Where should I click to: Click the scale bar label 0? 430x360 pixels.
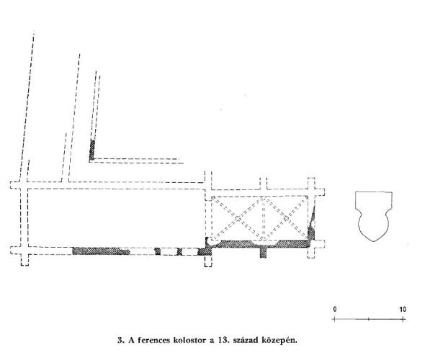tap(335, 310)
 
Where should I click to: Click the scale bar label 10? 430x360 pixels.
tap(403, 310)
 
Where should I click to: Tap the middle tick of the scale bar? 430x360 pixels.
tap(369, 319)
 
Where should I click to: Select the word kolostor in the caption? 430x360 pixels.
tap(189, 341)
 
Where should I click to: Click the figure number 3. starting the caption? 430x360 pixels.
tap(121, 341)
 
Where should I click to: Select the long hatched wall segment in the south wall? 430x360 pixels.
tap(101, 251)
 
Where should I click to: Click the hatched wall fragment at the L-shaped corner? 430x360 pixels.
tap(92, 150)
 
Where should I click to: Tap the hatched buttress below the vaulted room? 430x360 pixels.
tap(263, 253)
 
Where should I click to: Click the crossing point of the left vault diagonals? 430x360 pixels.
tap(237, 219)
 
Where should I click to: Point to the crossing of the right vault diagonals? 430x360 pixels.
tap(286, 219)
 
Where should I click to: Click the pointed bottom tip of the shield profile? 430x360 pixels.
tap(374, 241)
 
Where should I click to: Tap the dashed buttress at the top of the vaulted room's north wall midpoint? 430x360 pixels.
tap(264, 183)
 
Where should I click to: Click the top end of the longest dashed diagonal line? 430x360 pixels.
tap(34, 31)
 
